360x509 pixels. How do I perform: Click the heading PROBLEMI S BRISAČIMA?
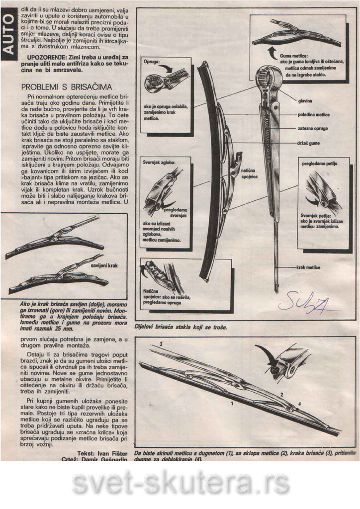pyautogui.click(x=67, y=87)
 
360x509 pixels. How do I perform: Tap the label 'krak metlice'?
pyautogui.click(x=308, y=267)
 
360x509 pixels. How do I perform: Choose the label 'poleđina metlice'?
pyautogui.click(x=313, y=114)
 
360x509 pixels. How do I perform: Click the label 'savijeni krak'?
pyautogui.click(x=104, y=266)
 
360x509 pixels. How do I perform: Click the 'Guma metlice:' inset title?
pyautogui.click(x=294, y=56)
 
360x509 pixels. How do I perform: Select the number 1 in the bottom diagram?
pyautogui.click(x=231, y=405)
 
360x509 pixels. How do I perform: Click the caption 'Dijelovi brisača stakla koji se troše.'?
pyautogui.click(x=180, y=328)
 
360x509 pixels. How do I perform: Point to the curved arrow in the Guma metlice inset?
pyautogui.click(x=272, y=51)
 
